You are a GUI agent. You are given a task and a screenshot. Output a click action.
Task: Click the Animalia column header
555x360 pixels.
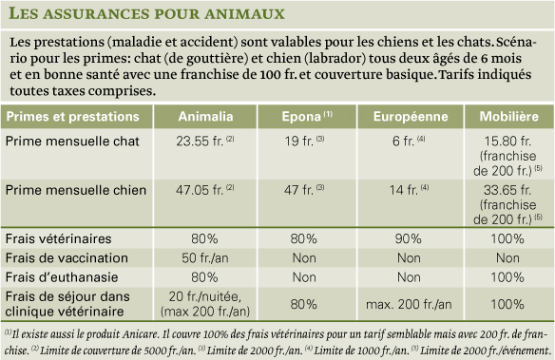tap(205, 117)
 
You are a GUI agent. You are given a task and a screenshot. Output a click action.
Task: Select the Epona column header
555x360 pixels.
tap(307, 116)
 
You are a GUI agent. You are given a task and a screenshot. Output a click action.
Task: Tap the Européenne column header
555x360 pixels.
tap(411, 116)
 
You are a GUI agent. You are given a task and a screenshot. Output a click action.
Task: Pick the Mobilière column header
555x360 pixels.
tap(509, 116)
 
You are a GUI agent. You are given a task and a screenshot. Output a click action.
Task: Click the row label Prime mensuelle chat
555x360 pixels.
tap(72, 142)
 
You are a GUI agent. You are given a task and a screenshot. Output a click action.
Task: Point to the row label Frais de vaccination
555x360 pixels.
tap(67, 258)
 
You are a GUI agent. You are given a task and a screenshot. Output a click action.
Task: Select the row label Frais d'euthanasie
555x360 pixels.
tap(62, 277)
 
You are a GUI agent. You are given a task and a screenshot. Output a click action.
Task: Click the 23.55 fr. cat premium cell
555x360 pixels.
tap(205, 142)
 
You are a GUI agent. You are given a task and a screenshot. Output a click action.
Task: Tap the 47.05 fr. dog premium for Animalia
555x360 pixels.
tap(205, 190)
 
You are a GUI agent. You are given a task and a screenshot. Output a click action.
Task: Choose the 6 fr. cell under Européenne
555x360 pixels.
tap(409, 142)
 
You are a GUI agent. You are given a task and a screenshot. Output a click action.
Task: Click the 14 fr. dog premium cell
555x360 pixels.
tap(409, 190)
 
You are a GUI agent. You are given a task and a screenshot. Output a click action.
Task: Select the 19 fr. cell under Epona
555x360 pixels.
tap(304, 142)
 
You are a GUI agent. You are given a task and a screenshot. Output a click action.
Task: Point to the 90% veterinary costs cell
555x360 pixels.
tap(409, 239)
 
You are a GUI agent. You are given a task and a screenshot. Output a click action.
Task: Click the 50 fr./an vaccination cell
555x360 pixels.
tap(205, 258)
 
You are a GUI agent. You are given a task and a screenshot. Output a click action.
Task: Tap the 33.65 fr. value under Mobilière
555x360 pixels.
tap(507, 190)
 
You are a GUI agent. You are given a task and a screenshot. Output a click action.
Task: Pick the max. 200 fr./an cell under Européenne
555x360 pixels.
tap(409, 305)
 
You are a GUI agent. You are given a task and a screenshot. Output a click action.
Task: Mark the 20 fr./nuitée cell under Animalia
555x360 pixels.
tap(205, 296)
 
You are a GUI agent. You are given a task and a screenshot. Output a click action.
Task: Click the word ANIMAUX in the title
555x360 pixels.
tap(244, 14)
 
